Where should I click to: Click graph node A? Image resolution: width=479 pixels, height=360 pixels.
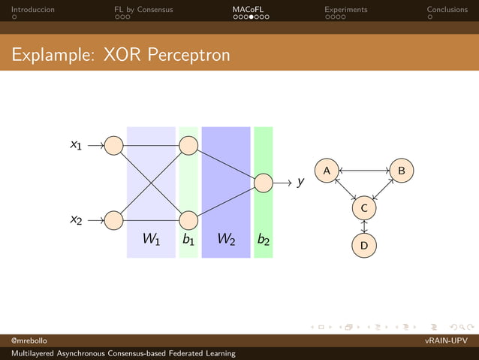coord(326,171)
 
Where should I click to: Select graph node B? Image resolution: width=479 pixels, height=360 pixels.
coord(401,171)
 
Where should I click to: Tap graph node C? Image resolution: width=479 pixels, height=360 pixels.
coord(363,207)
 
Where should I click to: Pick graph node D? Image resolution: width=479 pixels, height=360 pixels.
coord(363,245)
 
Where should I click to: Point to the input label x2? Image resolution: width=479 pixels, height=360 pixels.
coord(76,219)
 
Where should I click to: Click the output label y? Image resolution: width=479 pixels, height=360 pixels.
coord(300,182)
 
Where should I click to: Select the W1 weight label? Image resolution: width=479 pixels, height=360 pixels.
coord(151,240)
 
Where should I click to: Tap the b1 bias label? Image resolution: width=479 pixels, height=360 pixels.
coord(188,240)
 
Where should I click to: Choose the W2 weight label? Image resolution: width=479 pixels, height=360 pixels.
coord(226,240)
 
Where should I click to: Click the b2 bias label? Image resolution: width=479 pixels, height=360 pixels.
coord(264,240)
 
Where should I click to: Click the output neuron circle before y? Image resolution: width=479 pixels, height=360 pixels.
coord(264,183)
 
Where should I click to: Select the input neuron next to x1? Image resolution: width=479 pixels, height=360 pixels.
coord(113,145)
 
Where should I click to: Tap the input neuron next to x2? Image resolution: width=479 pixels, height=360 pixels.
coord(113,220)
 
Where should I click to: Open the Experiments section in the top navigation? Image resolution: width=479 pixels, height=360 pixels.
coord(345,10)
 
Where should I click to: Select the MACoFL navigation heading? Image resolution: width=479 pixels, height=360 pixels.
coord(247,10)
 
